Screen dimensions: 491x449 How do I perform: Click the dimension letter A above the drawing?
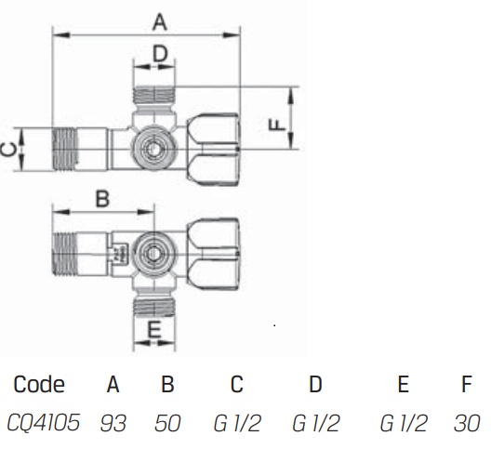[x=160, y=22]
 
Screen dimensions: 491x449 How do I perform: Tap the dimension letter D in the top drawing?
[x=160, y=53]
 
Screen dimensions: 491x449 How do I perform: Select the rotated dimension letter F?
[x=277, y=125]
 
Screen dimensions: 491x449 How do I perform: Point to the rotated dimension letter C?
[x=8, y=150]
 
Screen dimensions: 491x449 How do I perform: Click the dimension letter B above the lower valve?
[x=102, y=199]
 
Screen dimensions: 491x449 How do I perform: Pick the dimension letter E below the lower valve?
[x=154, y=329]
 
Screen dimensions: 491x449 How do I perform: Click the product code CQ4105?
[x=44, y=422]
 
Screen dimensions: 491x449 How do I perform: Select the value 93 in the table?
[x=113, y=423]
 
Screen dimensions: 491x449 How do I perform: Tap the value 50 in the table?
[x=167, y=423]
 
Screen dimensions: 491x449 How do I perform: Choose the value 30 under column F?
[x=467, y=423]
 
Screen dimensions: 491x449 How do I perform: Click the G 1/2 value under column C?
[x=237, y=423]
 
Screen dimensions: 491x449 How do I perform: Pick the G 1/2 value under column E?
[x=404, y=423]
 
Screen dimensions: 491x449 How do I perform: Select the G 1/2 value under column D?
[x=315, y=423]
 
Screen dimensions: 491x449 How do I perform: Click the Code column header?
[x=39, y=384]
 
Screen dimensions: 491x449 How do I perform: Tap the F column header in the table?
[x=467, y=384]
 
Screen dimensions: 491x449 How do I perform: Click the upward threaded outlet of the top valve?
[x=154, y=95]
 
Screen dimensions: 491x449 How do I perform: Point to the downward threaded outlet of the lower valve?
[x=154, y=306]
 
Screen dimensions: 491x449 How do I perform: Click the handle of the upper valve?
[x=214, y=150]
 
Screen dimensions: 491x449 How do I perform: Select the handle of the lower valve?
[x=214, y=254]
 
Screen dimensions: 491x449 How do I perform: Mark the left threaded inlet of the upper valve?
[x=64, y=150]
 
